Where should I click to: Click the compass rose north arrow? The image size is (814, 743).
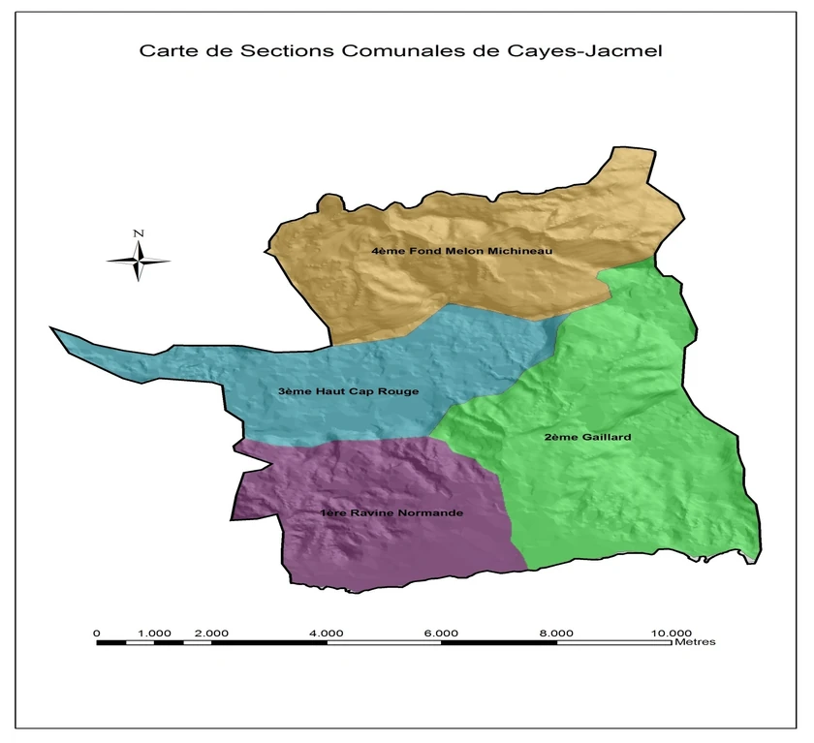tap(139, 260)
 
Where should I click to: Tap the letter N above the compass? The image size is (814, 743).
tap(139, 233)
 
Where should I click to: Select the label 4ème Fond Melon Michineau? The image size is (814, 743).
tap(461, 251)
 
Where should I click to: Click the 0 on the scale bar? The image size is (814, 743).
tap(97, 633)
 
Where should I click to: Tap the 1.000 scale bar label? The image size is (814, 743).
tap(155, 633)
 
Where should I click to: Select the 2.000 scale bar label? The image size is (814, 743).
tap(212, 633)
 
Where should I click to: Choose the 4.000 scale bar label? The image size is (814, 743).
tap(327, 633)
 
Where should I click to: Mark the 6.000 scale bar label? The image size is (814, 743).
tap(442, 633)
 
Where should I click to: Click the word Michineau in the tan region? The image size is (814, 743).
tap(519, 251)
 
